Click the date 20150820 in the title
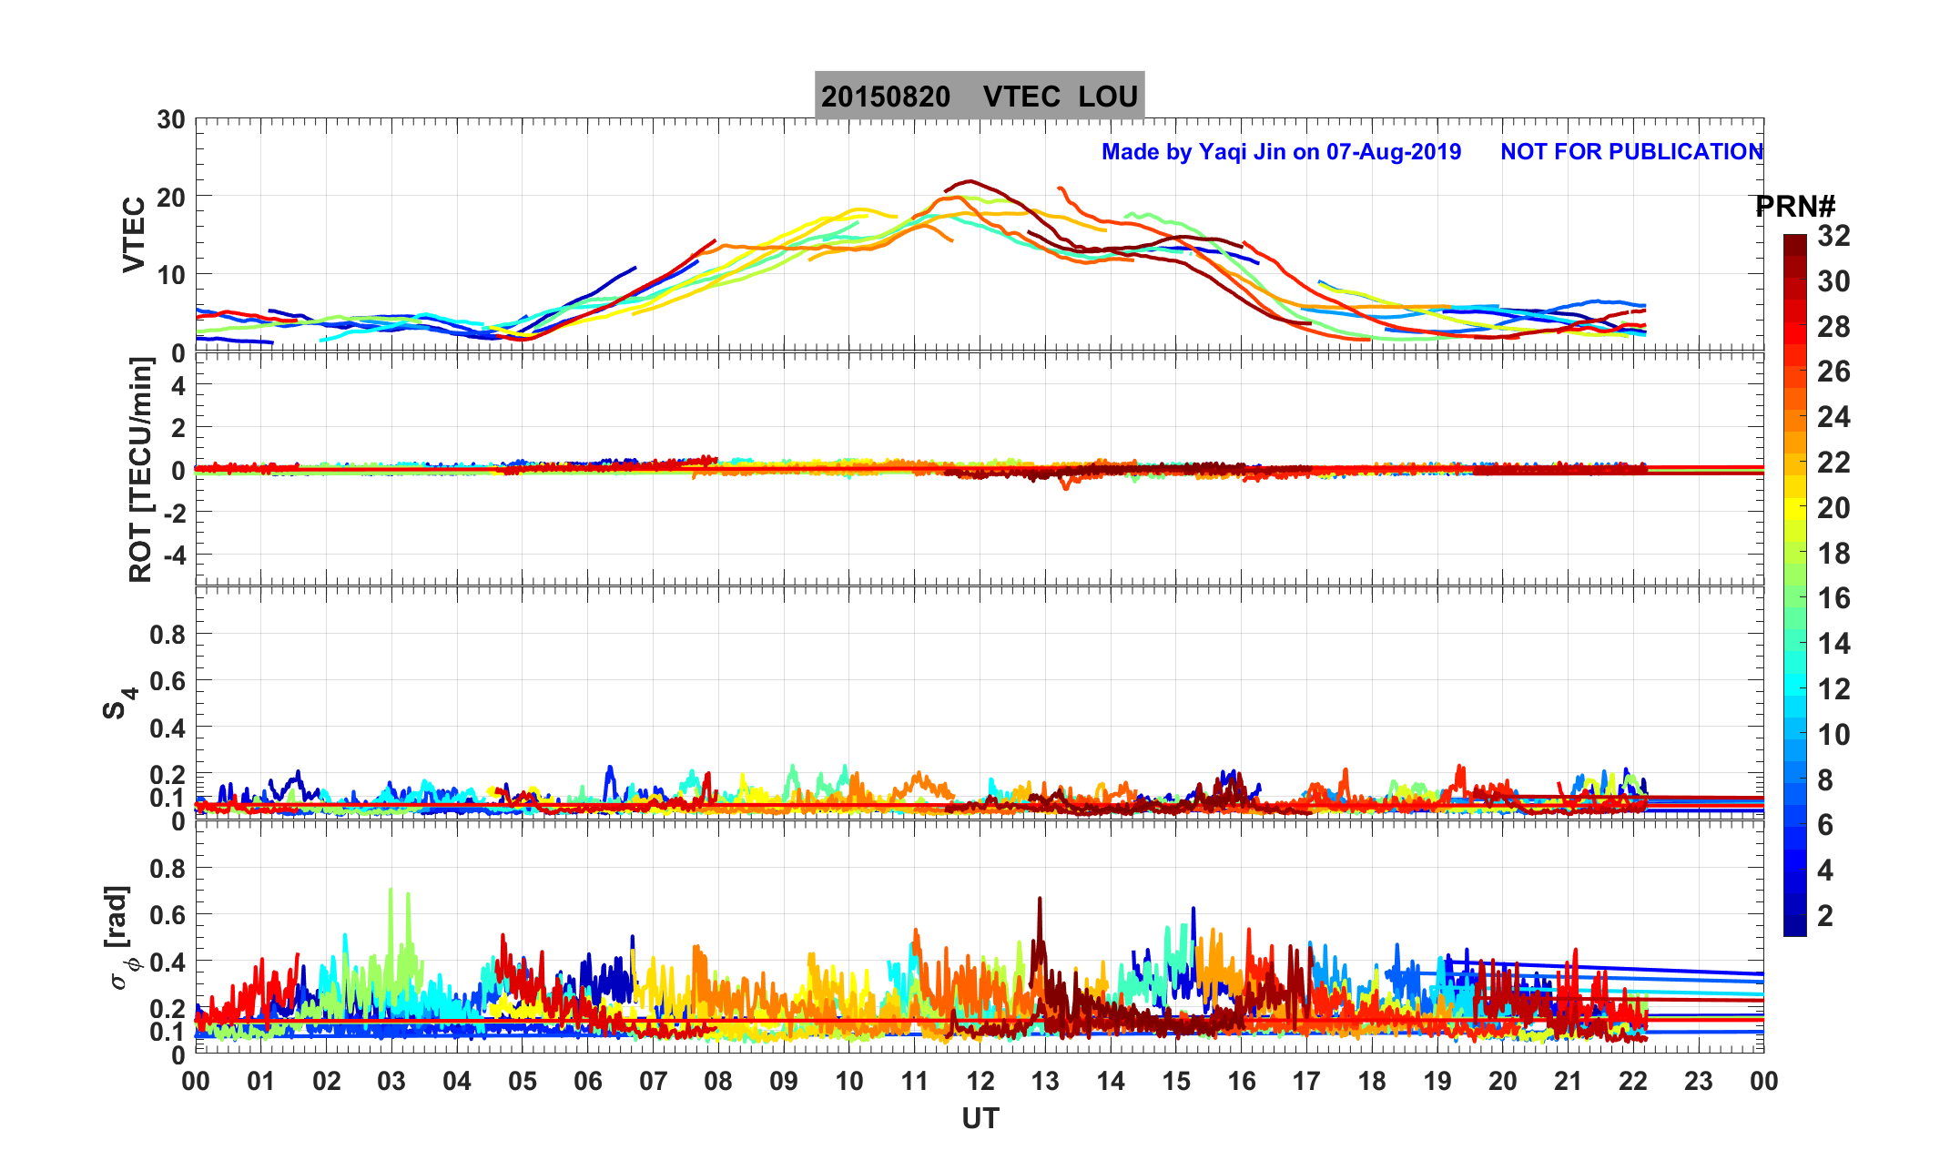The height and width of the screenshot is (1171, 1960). tap(885, 97)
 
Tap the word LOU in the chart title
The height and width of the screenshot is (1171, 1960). tap(1108, 97)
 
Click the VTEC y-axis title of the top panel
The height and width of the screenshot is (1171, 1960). tap(134, 235)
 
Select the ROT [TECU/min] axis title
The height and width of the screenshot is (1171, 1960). tap(140, 469)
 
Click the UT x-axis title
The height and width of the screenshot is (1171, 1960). tap(980, 1118)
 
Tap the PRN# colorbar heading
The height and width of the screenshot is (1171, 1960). tap(1794, 208)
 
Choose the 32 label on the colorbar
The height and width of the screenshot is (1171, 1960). tap(1833, 237)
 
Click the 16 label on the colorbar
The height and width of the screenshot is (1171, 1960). tap(1833, 598)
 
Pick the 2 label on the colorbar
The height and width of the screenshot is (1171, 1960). tap(1824, 915)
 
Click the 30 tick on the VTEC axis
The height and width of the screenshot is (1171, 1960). tap(170, 120)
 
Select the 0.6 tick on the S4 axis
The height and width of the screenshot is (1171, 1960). tap(168, 681)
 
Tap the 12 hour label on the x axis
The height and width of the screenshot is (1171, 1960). tap(980, 1082)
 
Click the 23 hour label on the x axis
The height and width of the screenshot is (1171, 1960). tap(1698, 1082)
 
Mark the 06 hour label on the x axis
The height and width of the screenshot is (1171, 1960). tap(587, 1082)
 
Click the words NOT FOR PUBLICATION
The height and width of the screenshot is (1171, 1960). tap(1631, 152)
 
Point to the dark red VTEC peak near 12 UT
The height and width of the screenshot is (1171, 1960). tap(970, 181)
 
